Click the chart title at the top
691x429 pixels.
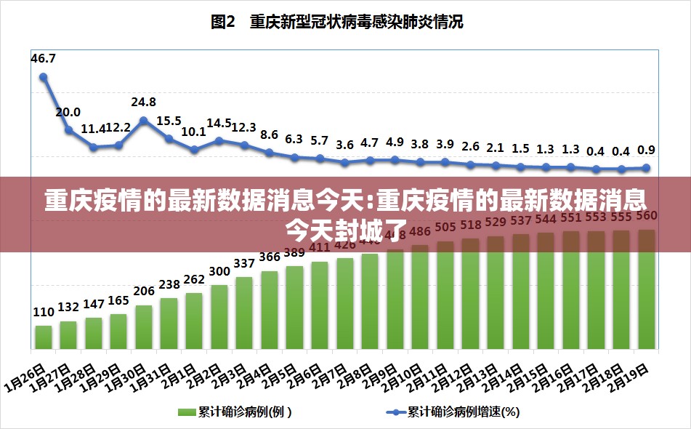tap(336, 23)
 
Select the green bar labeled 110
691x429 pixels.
tap(44, 336)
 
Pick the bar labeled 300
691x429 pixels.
tap(219, 316)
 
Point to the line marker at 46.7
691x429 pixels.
tap(44, 76)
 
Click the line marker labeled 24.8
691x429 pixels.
tap(144, 121)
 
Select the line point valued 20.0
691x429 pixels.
tap(69, 130)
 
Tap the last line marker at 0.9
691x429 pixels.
tap(645, 168)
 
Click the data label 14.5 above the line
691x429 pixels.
tap(219, 124)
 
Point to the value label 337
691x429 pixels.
tap(244, 262)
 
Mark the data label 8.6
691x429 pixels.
tap(269, 135)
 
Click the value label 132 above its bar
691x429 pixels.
tap(68, 307)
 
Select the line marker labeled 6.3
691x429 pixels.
tap(294, 157)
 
